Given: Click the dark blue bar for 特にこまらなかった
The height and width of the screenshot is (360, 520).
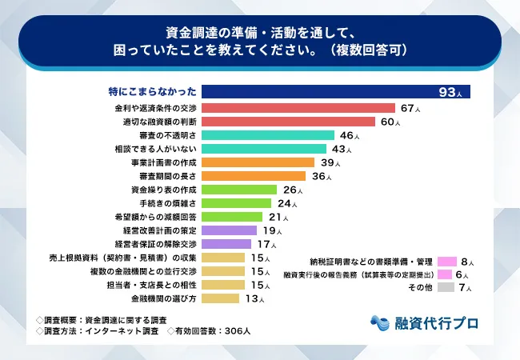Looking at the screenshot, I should click(x=335, y=91).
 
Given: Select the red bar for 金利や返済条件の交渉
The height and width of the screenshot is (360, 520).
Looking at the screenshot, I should click(x=298, y=108).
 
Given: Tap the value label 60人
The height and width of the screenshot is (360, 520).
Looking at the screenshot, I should click(x=389, y=122).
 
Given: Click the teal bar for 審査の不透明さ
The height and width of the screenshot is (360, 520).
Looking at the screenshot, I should click(x=267, y=136).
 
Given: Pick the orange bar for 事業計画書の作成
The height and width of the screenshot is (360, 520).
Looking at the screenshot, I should click(x=253, y=162).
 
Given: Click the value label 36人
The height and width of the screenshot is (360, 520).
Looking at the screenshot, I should click(x=319, y=176).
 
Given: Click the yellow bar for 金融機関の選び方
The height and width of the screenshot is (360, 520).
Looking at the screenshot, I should click(x=220, y=298).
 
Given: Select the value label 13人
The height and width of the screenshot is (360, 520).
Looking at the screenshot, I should click(x=252, y=298).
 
